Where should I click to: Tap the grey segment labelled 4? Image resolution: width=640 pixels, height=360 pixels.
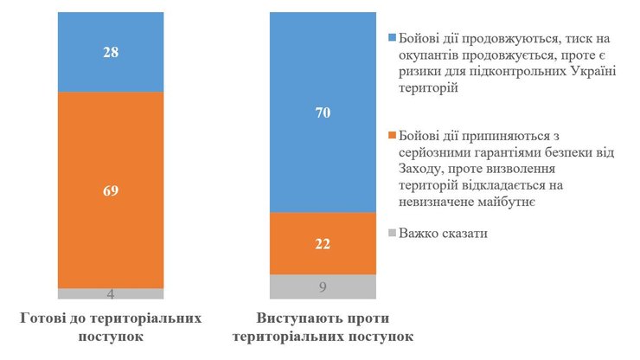coord(111,293)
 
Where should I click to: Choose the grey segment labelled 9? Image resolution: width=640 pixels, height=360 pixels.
coord(323,286)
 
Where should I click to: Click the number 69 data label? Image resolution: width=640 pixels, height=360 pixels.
coord(111,190)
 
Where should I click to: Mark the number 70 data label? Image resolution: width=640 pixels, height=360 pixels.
coord(323,112)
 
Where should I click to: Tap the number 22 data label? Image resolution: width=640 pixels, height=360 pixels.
coord(323,244)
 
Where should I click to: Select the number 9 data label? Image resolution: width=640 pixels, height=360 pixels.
coord(323,286)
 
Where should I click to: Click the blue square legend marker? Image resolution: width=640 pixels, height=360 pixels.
coord(393,39)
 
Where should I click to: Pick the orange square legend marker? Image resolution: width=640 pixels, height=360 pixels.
coord(393,135)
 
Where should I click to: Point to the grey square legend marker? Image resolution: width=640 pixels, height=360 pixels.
coord(393,232)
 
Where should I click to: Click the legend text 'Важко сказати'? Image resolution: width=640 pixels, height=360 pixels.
coord(443,232)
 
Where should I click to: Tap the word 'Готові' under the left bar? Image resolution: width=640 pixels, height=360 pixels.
coord(44,318)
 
